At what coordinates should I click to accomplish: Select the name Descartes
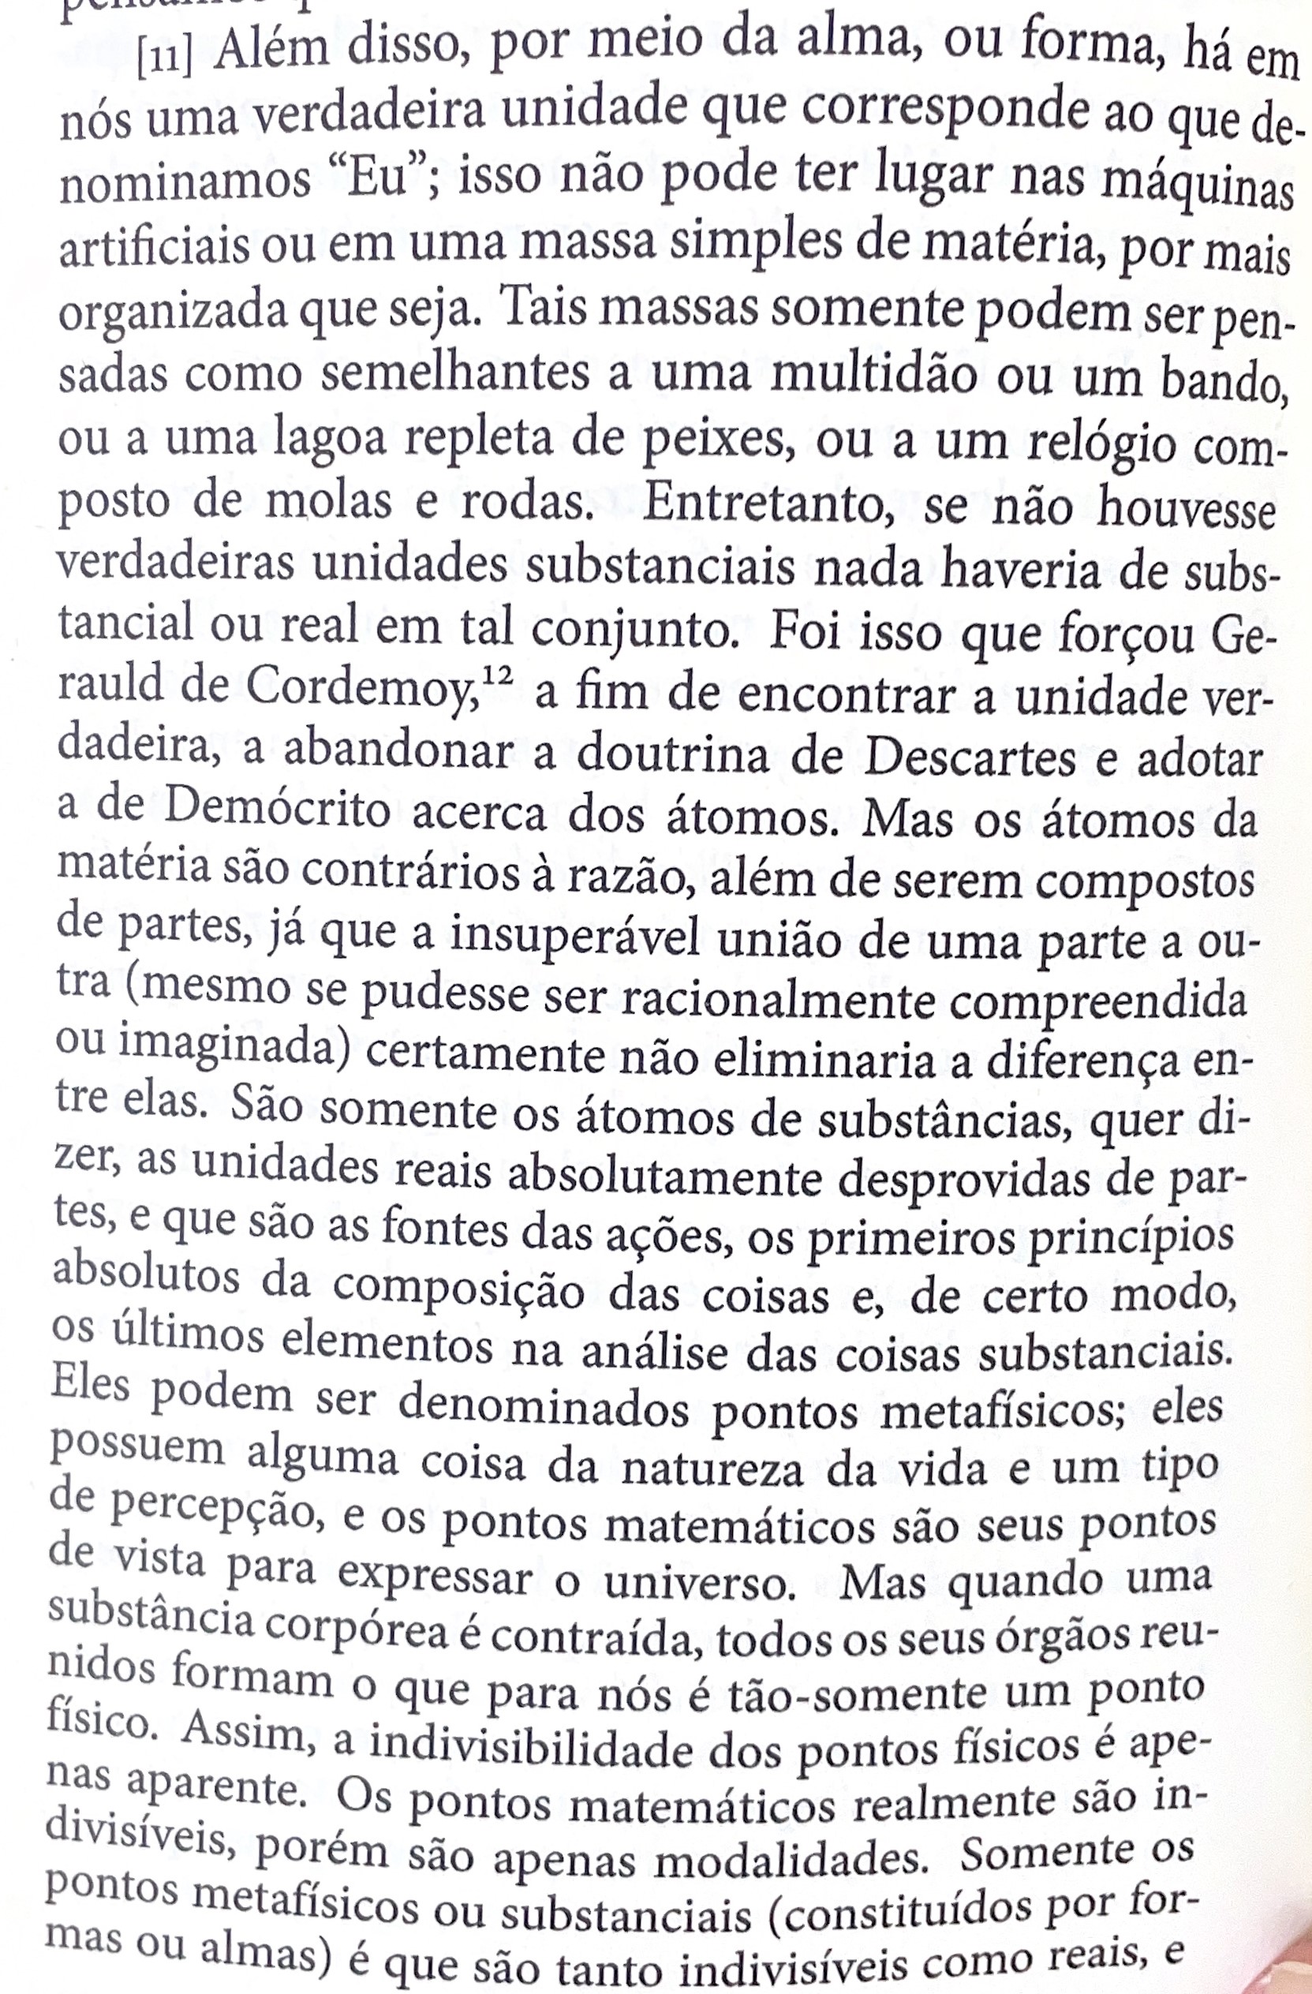click(x=970, y=758)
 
